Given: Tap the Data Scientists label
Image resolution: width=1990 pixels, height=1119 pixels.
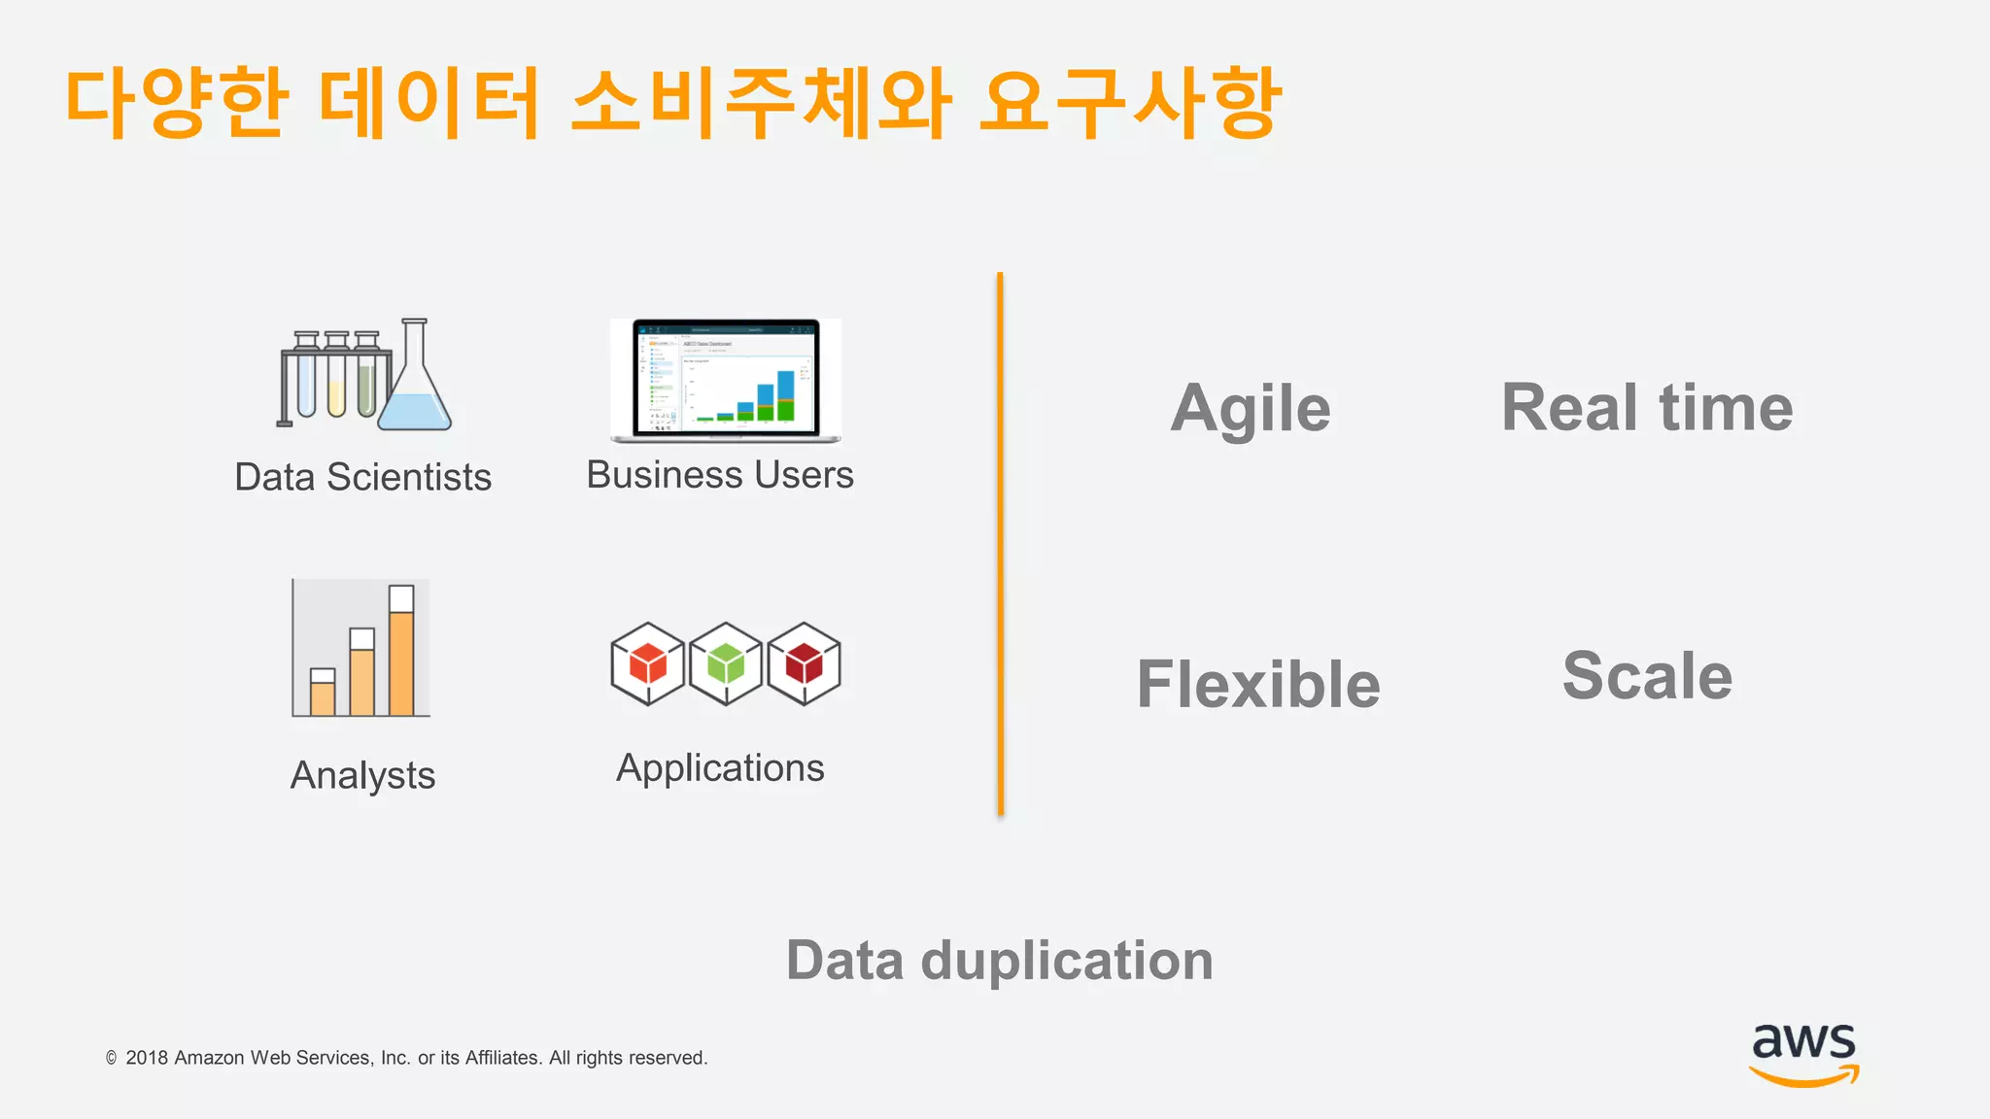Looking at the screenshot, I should [362, 477].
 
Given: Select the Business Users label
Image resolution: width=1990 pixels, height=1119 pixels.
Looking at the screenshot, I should [720, 475].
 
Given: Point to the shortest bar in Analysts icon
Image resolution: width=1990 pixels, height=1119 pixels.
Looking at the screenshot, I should [323, 695].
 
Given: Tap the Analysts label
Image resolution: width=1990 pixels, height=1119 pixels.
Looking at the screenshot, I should [362, 775].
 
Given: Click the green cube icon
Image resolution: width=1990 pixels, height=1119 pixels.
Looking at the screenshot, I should [726, 664].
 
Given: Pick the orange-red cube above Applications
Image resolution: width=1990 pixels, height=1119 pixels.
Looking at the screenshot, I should [647, 664].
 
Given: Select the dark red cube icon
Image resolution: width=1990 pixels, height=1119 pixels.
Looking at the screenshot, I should [804, 664].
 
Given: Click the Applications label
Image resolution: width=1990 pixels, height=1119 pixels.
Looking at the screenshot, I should [720, 768].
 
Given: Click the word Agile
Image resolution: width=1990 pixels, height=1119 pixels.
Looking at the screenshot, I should [1251, 408].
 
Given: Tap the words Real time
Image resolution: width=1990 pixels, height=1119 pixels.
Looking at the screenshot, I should [1647, 407].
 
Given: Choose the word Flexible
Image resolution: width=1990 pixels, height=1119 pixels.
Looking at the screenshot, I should [1258, 684].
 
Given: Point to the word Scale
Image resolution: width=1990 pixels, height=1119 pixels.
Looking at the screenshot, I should [1647, 676].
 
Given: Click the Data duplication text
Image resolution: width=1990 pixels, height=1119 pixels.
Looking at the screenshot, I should [1000, 961].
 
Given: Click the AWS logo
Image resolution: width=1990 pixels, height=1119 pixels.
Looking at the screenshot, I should [1803, 1053].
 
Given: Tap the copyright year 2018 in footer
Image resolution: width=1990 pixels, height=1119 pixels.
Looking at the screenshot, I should [147, 1058].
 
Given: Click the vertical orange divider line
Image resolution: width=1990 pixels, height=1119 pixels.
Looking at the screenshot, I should [1000, 544].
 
